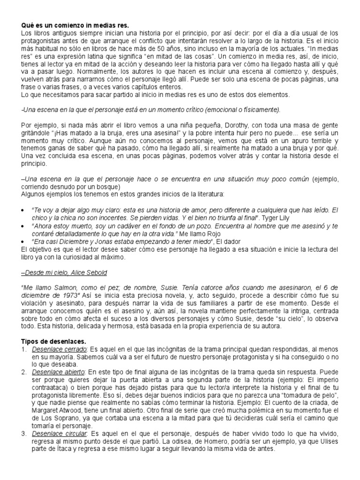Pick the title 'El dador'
[228, 240]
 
